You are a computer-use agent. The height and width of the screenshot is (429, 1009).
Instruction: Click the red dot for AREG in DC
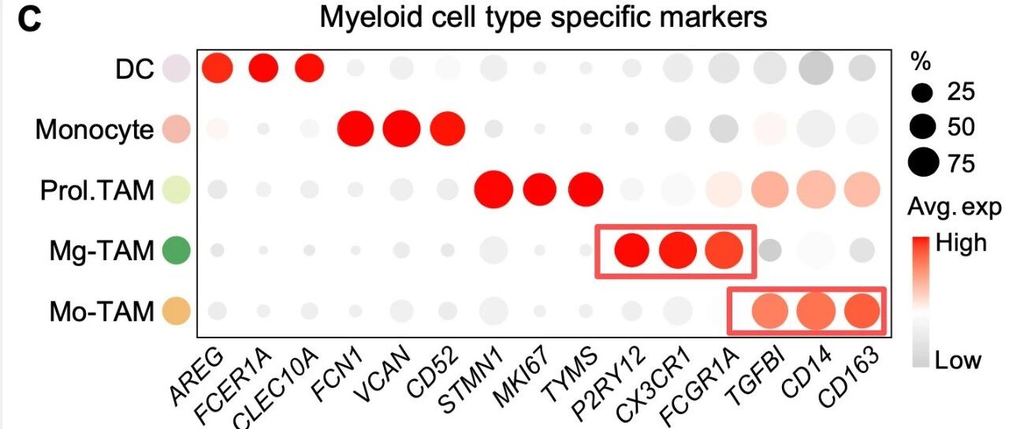218,68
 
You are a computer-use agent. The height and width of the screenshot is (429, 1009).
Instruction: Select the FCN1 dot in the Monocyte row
356,129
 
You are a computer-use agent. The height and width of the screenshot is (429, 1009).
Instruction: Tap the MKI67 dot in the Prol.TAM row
540,189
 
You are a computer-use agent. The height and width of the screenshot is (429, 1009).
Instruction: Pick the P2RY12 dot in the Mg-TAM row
632,250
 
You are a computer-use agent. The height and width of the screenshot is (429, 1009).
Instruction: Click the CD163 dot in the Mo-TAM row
862,311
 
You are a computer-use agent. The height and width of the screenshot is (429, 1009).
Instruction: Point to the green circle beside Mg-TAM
177,250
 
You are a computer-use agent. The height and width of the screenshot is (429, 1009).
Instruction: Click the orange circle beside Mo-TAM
177,311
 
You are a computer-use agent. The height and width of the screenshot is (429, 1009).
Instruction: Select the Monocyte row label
94,130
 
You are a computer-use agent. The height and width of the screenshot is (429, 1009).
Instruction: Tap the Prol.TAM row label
97,190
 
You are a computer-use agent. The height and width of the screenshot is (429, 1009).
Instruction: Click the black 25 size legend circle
922,93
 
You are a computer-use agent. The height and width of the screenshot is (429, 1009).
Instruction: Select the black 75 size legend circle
923,162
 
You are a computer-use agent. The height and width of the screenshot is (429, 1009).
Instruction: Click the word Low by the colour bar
958,360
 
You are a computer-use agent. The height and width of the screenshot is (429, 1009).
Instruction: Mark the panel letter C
29,21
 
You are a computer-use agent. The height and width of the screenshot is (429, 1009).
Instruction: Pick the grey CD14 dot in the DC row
816,68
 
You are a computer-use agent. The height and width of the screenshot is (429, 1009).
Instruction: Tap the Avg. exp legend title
955,207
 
